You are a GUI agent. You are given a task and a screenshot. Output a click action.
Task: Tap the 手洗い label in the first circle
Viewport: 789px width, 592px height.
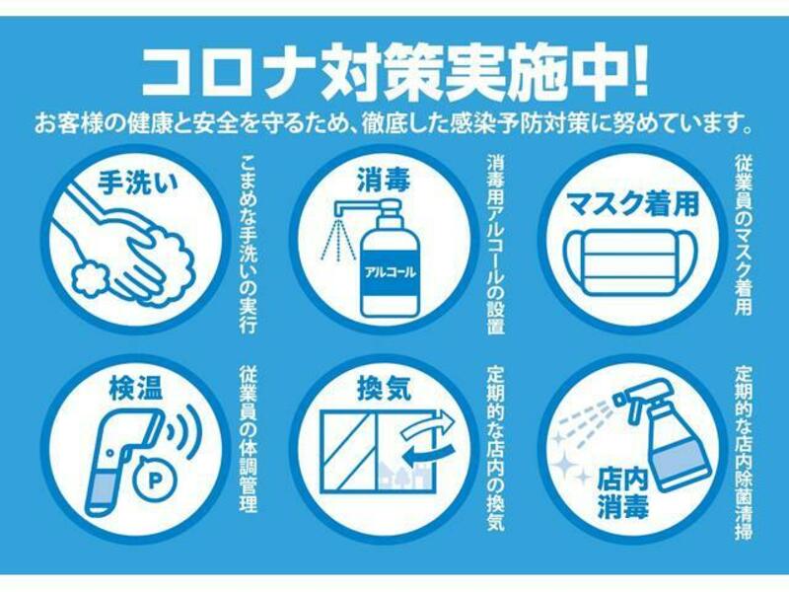[138, 183]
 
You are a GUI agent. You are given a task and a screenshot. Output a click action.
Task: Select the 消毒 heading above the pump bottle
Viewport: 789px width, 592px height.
[385, 180]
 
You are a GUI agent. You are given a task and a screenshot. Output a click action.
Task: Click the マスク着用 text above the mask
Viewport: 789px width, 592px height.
[633, 203]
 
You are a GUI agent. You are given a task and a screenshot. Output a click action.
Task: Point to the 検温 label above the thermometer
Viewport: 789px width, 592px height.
[136, 389]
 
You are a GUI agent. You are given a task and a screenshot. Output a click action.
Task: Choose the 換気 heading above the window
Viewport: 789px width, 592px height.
[385, 389]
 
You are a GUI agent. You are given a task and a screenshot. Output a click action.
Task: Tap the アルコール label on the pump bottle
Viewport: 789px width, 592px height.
[391, 273]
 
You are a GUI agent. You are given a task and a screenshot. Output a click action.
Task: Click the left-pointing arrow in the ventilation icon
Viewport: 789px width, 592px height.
[429, 454]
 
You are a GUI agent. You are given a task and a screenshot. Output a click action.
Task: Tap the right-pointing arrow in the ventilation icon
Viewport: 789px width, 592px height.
[428, 423]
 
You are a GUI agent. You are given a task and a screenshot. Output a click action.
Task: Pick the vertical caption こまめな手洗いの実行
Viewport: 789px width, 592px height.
[249, 244]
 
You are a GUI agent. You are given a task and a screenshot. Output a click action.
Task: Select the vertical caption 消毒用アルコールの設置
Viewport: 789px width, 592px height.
[495, 244]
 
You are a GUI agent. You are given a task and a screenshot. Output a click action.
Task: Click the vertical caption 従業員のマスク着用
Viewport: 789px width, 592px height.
[744, 236]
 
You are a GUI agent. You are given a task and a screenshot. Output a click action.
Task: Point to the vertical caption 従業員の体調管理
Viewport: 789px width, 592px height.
[249, 439]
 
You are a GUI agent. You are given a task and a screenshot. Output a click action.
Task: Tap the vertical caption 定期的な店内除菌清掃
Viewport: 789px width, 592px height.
[744, 453]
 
